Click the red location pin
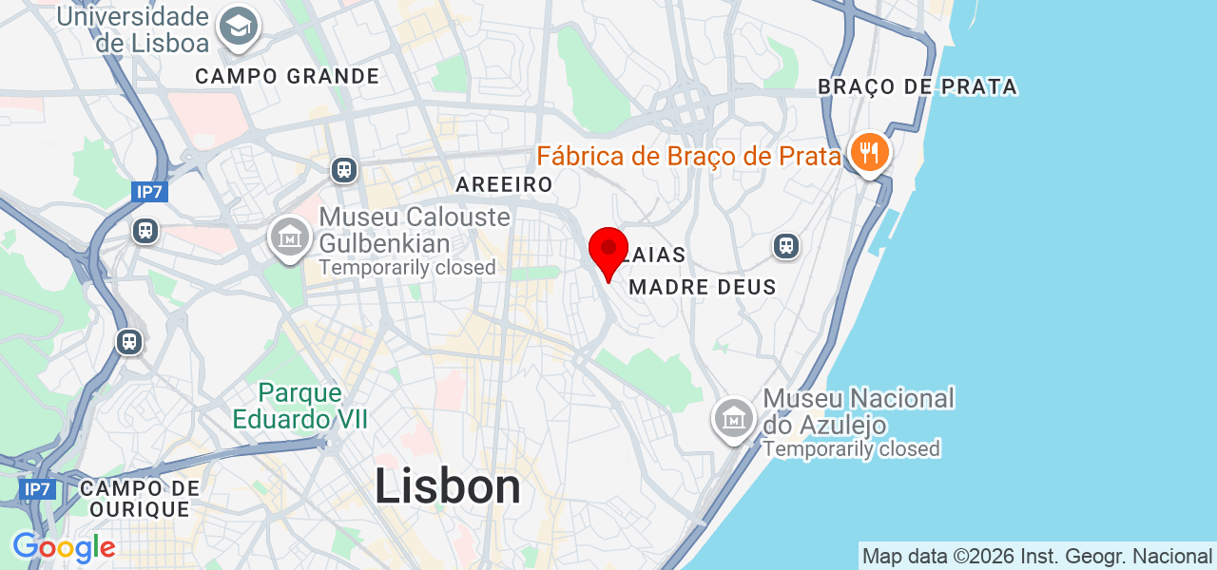click(608, 250)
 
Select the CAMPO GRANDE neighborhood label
click(287, 76)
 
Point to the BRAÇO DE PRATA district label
click(918, 87)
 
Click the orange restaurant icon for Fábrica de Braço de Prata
click(868, 152)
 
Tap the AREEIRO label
click(504, 184)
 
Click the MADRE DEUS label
click(703, 287)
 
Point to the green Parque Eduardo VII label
click(299, 406)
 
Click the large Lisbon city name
click(448, 487)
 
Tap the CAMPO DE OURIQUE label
click(140, 499)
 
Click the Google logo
click(64, 547)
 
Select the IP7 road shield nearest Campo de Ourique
click(37, 489)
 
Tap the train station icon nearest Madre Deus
click(785, 246)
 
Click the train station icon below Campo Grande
click(344, 170)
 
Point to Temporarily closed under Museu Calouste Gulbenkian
click(407, 268)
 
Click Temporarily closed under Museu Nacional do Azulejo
click(851, 448)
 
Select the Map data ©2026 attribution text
click(1036, 556)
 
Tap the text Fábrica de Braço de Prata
click(688, 156)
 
